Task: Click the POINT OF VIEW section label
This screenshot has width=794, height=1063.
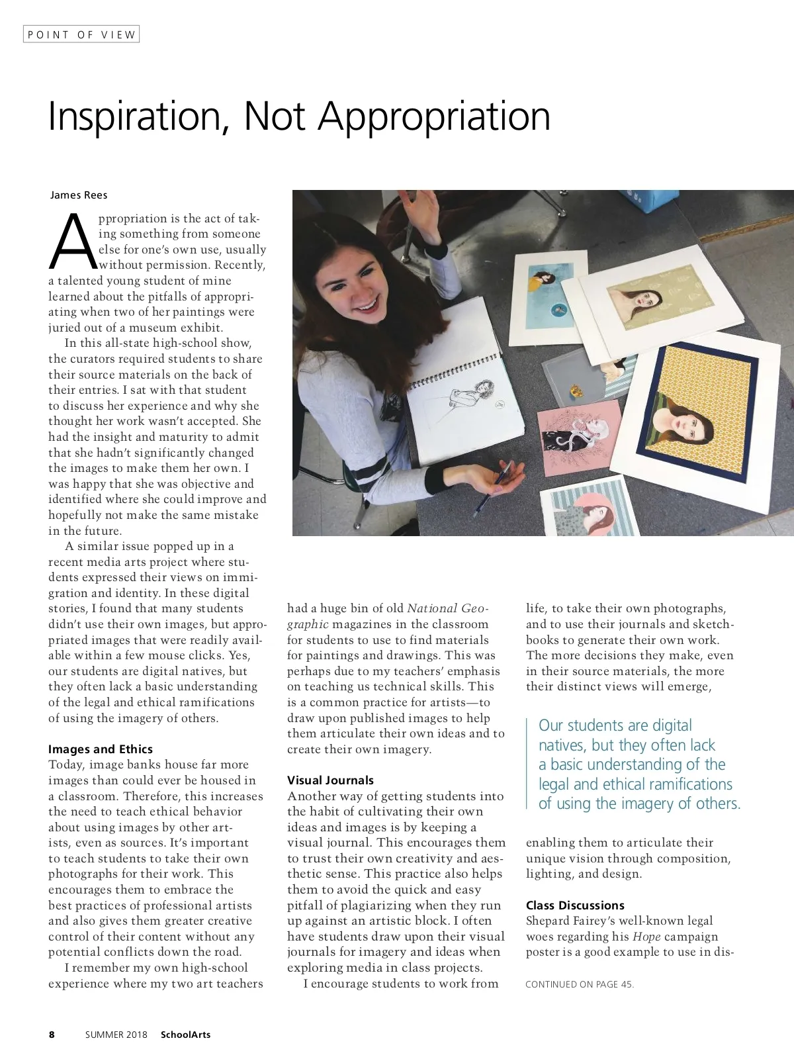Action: click(81, 34)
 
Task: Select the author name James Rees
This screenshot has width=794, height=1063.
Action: click(79, 195)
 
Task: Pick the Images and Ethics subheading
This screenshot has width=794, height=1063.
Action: click(100, 749)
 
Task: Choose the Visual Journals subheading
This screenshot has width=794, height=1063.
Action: click(330, 780)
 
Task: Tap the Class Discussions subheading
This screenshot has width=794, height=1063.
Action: click(575, 905)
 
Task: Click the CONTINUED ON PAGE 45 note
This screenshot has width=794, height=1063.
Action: click(579, 984)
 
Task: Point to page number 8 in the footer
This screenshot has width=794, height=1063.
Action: click(52, 1035)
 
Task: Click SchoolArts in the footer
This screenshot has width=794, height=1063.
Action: click(185, 1035)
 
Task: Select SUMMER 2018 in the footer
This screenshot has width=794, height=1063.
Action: click(116, 1035)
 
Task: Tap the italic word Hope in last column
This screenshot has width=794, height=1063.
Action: click(646, 937)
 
